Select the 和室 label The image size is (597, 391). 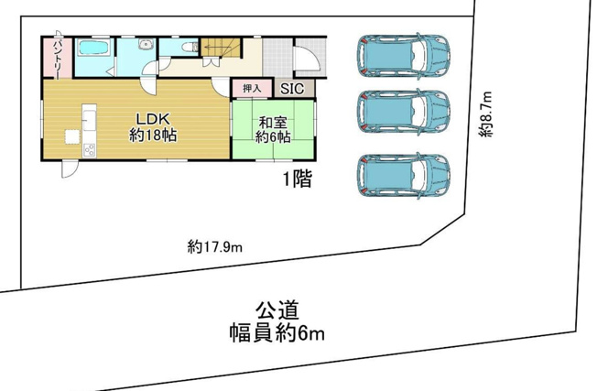pos(272,122)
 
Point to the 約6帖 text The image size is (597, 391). pos(272,137)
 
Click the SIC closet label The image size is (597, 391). pos(292,89)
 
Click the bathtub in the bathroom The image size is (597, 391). pos(92,48)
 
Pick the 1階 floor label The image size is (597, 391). pos(296,179)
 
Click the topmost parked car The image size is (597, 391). pos(404,57)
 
